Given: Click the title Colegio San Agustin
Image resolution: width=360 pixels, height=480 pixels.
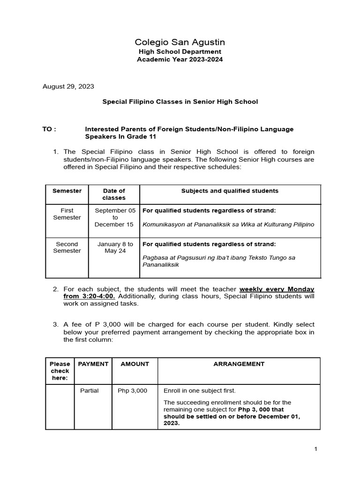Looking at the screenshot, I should [180, 43].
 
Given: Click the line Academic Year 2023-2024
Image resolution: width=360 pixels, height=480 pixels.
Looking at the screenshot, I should [180, 60].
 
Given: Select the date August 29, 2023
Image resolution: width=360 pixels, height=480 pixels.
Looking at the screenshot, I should [68, 86].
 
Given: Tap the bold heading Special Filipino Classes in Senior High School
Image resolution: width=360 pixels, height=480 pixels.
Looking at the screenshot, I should [180, 102].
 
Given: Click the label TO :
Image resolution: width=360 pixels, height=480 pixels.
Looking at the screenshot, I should [49, 129].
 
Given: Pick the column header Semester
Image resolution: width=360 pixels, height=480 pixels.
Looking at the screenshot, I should [67, 191].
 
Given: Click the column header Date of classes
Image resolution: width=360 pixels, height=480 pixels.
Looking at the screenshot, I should [114, 194].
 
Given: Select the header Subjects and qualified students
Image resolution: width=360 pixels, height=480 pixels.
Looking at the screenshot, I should [230, 191].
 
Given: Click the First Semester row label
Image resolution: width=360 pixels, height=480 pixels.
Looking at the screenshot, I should [67, 214].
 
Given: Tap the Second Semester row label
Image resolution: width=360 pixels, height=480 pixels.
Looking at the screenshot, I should [67, 247].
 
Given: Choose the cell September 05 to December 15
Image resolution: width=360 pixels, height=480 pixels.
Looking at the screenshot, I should [114, 217].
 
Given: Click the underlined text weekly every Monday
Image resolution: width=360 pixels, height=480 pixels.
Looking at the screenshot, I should [277, 289].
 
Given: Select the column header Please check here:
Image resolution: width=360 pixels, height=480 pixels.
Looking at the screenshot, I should [60, 371].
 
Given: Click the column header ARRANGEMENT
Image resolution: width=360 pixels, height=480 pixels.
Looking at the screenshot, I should [239, 364].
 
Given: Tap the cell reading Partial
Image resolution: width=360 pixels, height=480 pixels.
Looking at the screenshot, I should [89, 390].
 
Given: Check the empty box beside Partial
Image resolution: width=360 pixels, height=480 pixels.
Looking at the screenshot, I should [60, 407].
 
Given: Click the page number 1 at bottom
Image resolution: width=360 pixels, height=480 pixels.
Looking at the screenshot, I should [316, 449].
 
